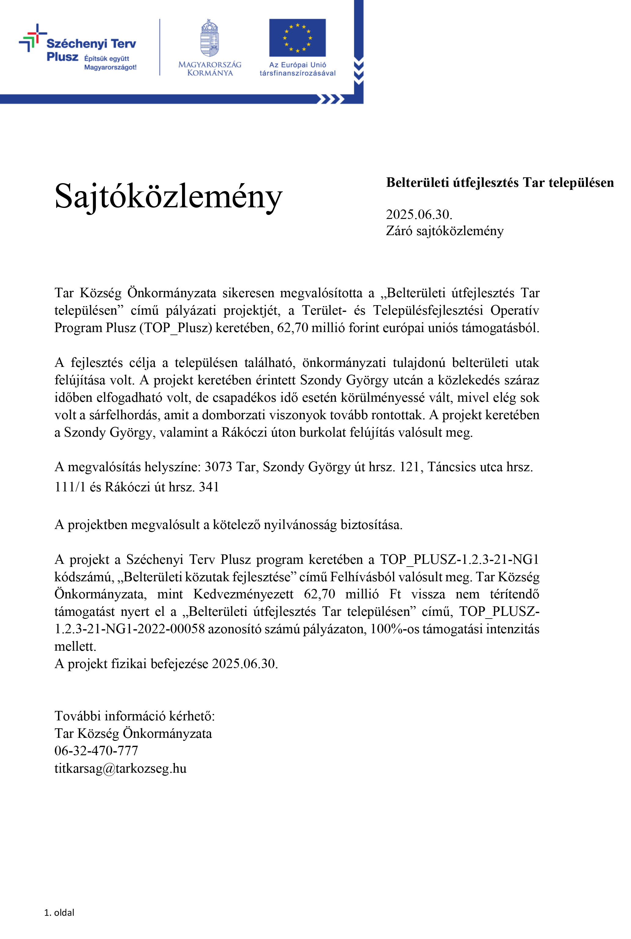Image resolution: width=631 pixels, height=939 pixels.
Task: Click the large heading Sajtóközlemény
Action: [x=168, y=197]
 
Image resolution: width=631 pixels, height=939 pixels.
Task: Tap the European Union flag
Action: [x=297, y=38]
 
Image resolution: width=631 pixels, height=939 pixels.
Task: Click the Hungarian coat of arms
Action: [x=210, y=38]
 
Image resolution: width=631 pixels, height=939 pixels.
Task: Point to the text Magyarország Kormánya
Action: [x=210, y=68]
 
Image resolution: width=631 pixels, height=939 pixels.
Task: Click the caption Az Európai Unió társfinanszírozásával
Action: [x=297, y=69]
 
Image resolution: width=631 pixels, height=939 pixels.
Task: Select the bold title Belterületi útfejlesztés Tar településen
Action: [x=500, y=183]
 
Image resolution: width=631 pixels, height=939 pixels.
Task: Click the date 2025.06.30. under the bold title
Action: [x=419, y=214]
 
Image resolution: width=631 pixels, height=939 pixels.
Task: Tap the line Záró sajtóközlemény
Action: [x=445, y=231]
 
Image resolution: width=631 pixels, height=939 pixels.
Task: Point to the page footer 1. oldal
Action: [x=59, y=912]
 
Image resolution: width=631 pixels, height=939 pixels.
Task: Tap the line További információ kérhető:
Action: [x=134, y=716]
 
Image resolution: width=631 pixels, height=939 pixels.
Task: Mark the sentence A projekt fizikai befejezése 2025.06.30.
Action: [x=166, y=664]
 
